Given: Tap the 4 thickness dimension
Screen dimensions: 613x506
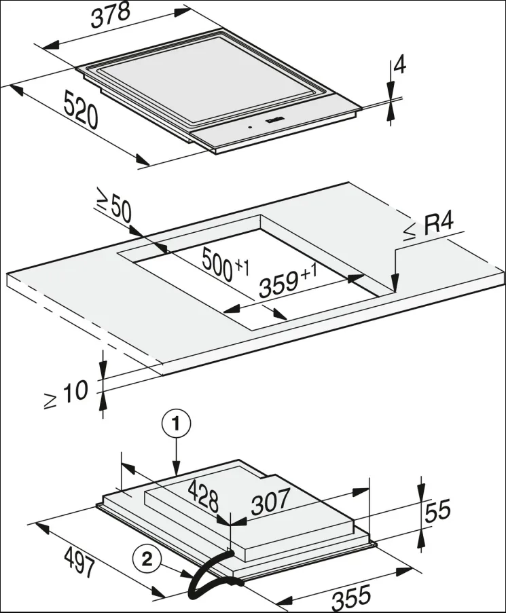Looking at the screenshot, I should (x=400, y=65).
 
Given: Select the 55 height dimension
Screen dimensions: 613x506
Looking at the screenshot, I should (x=438, y=510).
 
